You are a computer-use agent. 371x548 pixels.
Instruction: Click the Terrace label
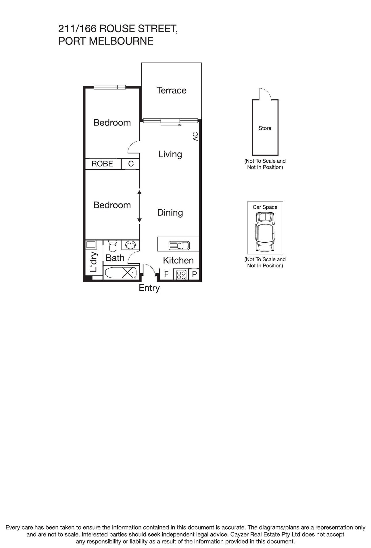tap(171, 90)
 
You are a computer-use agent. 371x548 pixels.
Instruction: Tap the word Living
tap(170, 154)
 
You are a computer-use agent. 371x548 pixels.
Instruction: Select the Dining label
tap(170, 213)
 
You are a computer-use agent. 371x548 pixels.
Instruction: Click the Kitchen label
tap(178, 260)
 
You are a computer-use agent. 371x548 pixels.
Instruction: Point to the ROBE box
tap(102, 164)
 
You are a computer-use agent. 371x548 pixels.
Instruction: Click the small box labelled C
tap(131, 164)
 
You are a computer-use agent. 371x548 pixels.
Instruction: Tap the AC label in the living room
tap(195, 136)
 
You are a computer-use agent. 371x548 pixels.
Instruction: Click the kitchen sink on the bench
tap(179, 246)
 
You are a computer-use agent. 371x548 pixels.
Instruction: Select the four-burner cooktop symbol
tap(181, 275)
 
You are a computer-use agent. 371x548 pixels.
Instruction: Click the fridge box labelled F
tap(166, 275)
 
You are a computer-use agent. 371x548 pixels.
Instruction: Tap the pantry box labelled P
tap(194, 275)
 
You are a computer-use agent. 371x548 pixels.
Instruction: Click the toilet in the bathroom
tap(112, 246)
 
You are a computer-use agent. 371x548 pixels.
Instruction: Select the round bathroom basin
tap(130, 246)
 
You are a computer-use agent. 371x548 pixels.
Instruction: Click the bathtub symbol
tap(121, 273)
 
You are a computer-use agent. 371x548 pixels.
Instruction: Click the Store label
tap(265, 128)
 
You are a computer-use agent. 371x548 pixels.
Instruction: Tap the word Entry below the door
tap(149, 288)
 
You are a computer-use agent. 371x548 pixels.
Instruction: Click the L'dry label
tap(94, 262)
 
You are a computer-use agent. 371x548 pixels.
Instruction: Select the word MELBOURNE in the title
tap(121, 41)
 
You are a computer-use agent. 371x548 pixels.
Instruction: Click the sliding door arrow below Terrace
tap(171, 125)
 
